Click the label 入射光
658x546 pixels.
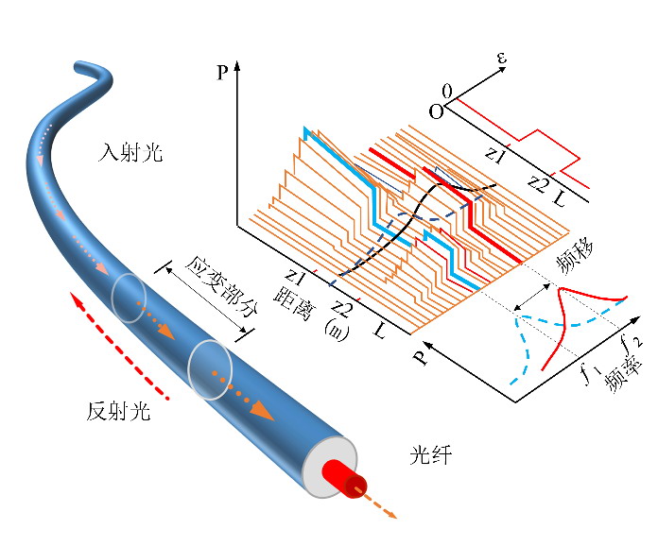(x=130, y=151)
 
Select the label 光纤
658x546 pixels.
(x=431, y=456)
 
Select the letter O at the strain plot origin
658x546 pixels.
(x=435, y=111)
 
